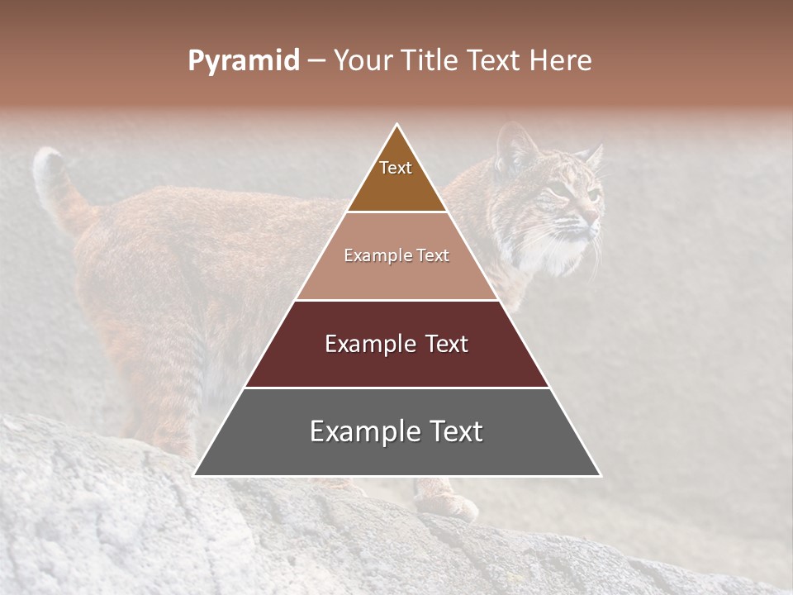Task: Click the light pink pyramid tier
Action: coord(396,256)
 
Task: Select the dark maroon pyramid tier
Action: coord(396,345)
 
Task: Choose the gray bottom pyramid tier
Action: coord(396,432)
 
